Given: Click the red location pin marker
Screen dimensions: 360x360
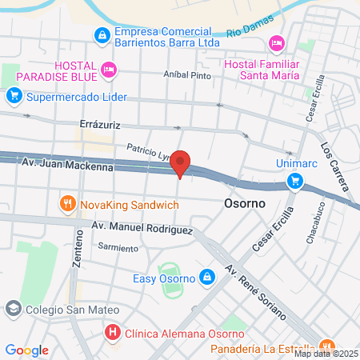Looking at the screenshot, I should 182,163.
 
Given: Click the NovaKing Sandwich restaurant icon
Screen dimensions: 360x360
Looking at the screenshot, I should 68,204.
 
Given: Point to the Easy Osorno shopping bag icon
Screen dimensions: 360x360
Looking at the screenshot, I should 207,278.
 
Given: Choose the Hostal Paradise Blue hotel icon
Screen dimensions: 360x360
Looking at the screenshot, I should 110,71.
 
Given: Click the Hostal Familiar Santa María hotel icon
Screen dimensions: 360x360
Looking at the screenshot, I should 276,42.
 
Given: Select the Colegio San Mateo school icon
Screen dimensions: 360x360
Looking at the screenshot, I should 13,309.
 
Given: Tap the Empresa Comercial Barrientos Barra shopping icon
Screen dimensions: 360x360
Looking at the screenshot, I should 102,35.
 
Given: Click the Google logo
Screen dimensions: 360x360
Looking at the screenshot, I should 26,350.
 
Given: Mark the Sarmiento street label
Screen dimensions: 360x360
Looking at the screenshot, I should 118,248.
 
